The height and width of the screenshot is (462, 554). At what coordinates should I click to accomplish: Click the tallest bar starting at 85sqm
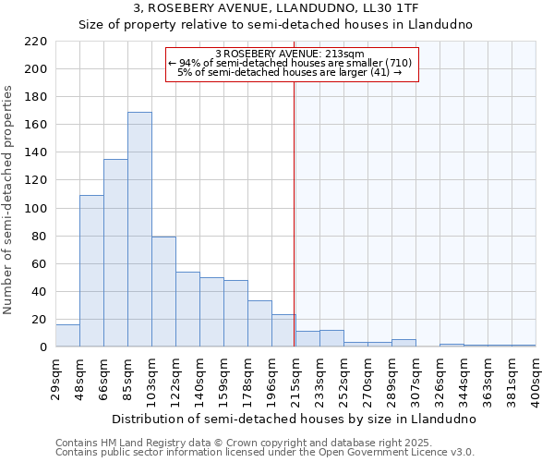pos(139,229)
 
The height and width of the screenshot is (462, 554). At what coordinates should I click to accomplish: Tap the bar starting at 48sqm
pos(91,271)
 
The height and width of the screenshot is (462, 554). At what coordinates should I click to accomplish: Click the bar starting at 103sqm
pos(163,292)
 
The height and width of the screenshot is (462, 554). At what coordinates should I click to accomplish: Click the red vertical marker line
pos(294,213)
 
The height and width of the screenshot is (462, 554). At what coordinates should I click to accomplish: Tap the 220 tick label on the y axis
pos(36,42)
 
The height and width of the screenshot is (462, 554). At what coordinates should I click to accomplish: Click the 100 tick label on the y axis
pos(36,209)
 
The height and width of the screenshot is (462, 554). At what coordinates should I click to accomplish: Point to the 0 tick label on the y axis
pos(42,347)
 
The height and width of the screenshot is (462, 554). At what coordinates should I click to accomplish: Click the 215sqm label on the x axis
pos(295,377)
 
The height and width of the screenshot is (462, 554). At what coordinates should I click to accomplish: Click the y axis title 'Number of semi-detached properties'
pos(9,200)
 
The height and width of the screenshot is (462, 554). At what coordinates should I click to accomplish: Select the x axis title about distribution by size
pos(294,419)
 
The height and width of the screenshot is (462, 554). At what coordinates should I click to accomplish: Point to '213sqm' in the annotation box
pos(347,54)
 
